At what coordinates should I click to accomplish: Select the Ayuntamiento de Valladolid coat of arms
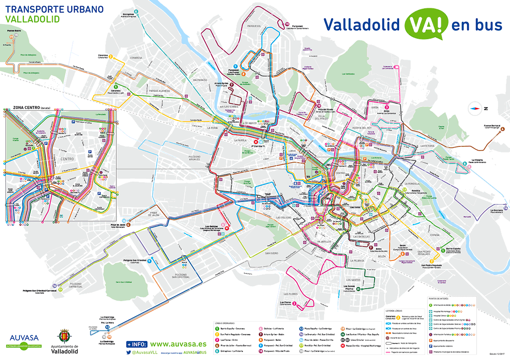pos(64,337)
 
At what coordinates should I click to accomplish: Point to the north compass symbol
pos(474,109)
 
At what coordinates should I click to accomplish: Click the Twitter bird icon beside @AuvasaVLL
pos(128,353)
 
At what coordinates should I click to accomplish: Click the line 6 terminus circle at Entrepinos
pos(136,12)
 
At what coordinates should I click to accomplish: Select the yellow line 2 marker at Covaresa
pos(111,57)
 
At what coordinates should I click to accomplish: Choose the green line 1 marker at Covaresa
pos(115,87)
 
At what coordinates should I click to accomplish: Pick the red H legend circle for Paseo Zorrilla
pos(343,345)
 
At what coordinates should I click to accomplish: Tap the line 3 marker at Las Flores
pos(301,304)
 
